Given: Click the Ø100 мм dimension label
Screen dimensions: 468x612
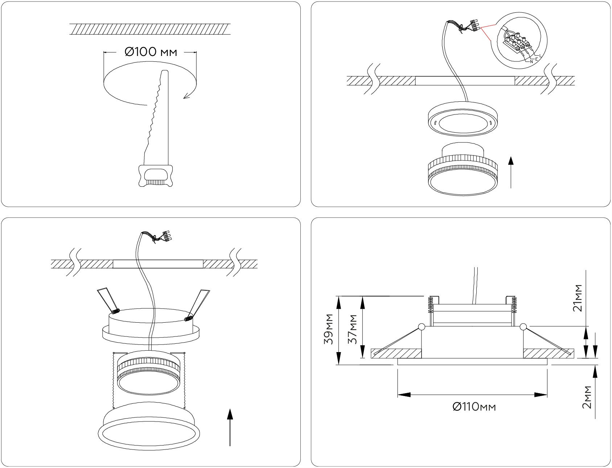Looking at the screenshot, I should click(151, 52).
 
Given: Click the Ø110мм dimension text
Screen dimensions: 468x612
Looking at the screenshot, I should click(474, 407).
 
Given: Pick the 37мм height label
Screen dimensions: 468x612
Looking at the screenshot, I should click(352, 329).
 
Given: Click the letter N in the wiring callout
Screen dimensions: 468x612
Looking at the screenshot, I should click(531, 62).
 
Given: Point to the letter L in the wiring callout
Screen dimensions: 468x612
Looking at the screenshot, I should click(540, 55).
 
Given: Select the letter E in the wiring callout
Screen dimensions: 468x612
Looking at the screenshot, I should click(536, 58).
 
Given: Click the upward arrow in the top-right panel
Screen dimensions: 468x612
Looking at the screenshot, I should click(511, 172).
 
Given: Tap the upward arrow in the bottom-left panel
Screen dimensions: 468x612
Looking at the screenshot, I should click(230, 427).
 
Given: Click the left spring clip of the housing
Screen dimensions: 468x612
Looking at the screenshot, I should click(107, 300).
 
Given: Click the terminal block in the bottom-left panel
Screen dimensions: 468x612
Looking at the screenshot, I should click(167, 236).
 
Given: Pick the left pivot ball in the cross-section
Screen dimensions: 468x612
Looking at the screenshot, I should click(422, 327).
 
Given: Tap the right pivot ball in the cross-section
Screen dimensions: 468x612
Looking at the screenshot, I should click(523, 327).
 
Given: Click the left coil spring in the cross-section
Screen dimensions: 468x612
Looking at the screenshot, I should click(431, 304).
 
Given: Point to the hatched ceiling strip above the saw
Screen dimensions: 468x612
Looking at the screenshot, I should click(149, 29).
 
